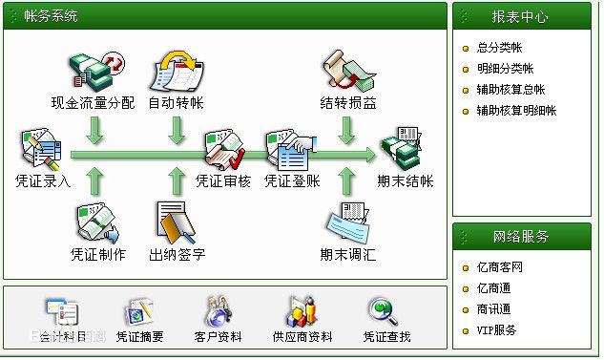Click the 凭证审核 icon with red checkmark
point(223,149)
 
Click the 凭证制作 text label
point(97,255)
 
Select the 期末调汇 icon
point(347,223)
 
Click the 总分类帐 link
point(499,47)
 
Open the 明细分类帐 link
point(505,69)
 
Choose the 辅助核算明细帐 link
point(516,111)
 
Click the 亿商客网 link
point(499,267)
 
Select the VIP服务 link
point(496,330)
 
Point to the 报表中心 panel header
point(521,15)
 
